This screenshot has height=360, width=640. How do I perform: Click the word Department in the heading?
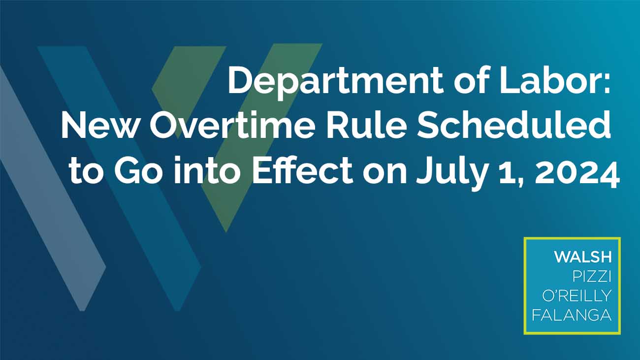pyautogui.click(x=335, y=81)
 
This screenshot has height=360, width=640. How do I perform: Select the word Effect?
pyautogui.click(x=302, y=169)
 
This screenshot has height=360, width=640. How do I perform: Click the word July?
pyautogui.click(x=452, y=172)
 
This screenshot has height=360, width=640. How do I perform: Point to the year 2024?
pyautogui.click(x=577, y=172)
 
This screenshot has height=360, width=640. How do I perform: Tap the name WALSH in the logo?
pyautogui.click(x=583, y=257)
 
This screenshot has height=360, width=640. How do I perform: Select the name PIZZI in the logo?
pyautogui.click(x=592, y=277)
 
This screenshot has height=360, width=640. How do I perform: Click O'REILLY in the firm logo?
pyautogui.click(x=577, y=296)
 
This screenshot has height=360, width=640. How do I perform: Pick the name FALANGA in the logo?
pyautogui.click(x=572, y=315)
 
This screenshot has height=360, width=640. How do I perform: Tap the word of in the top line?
pyautogui.click(x=471, y=80)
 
